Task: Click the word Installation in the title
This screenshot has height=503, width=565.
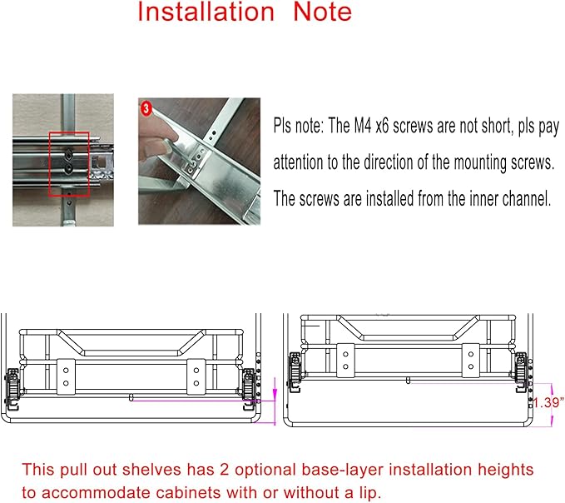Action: (206, 12)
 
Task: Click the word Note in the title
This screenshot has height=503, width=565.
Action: (323, 12)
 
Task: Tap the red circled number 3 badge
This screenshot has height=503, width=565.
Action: (146, 108)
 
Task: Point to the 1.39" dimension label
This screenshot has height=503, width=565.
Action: (548, 402)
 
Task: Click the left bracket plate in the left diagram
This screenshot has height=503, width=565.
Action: (66, 376)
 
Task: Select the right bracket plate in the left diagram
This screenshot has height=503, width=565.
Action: (196, 376)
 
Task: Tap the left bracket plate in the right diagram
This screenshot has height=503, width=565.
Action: (345, 361)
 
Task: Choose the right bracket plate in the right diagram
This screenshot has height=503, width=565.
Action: (471, 361)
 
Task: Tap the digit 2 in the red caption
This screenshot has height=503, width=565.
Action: (225, 470)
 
